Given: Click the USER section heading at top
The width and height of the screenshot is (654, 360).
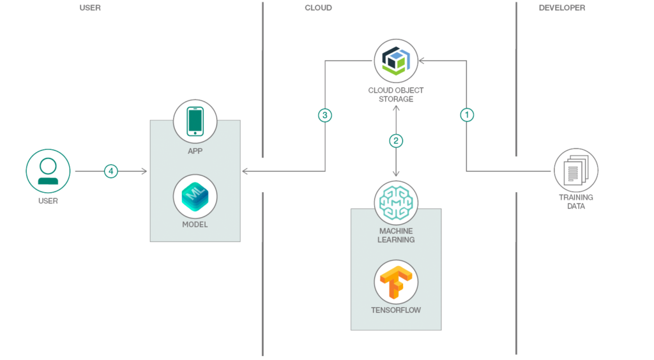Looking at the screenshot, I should pyautogui.click(x=89, y=8).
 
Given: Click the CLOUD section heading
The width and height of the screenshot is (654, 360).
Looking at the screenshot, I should pyautogui.click(x=318, y=8).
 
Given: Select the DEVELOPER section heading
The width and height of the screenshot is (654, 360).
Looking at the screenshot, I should pyautogui.click(x=561, y=8).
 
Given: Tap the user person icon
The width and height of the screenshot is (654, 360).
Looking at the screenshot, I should pyautogui.click(x=48, y=171).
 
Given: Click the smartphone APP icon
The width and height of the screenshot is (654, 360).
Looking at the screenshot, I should pyautogui.click(x=195, y=121).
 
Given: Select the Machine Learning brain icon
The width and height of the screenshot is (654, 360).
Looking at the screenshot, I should pyautogui.click(x=396, y=202).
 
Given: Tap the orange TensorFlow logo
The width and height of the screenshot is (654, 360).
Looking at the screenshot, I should pyautogui.click(x=396, y=281).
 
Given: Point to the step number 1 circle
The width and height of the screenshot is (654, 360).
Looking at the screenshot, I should pyautogui.click(x=467, y=116).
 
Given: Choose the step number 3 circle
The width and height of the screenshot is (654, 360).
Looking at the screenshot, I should pyautogui.click(x=325, y=116).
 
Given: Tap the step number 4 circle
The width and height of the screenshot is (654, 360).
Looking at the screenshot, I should pyautogui.click(x=111, y=171).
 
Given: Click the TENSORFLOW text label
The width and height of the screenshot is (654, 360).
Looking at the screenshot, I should pyautogui.click(x=396, y=311).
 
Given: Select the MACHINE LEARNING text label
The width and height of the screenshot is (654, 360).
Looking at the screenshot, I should pyautogui.click(x=396, y=235).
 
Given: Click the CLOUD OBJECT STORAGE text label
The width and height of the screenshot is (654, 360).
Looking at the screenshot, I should pyautogui.click(x=396, y=94).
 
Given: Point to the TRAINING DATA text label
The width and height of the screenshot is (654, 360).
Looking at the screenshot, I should pyautogui.click(x=575, y=202).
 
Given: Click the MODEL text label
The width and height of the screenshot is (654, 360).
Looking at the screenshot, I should pyautogui.click(x=195, y=225).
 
